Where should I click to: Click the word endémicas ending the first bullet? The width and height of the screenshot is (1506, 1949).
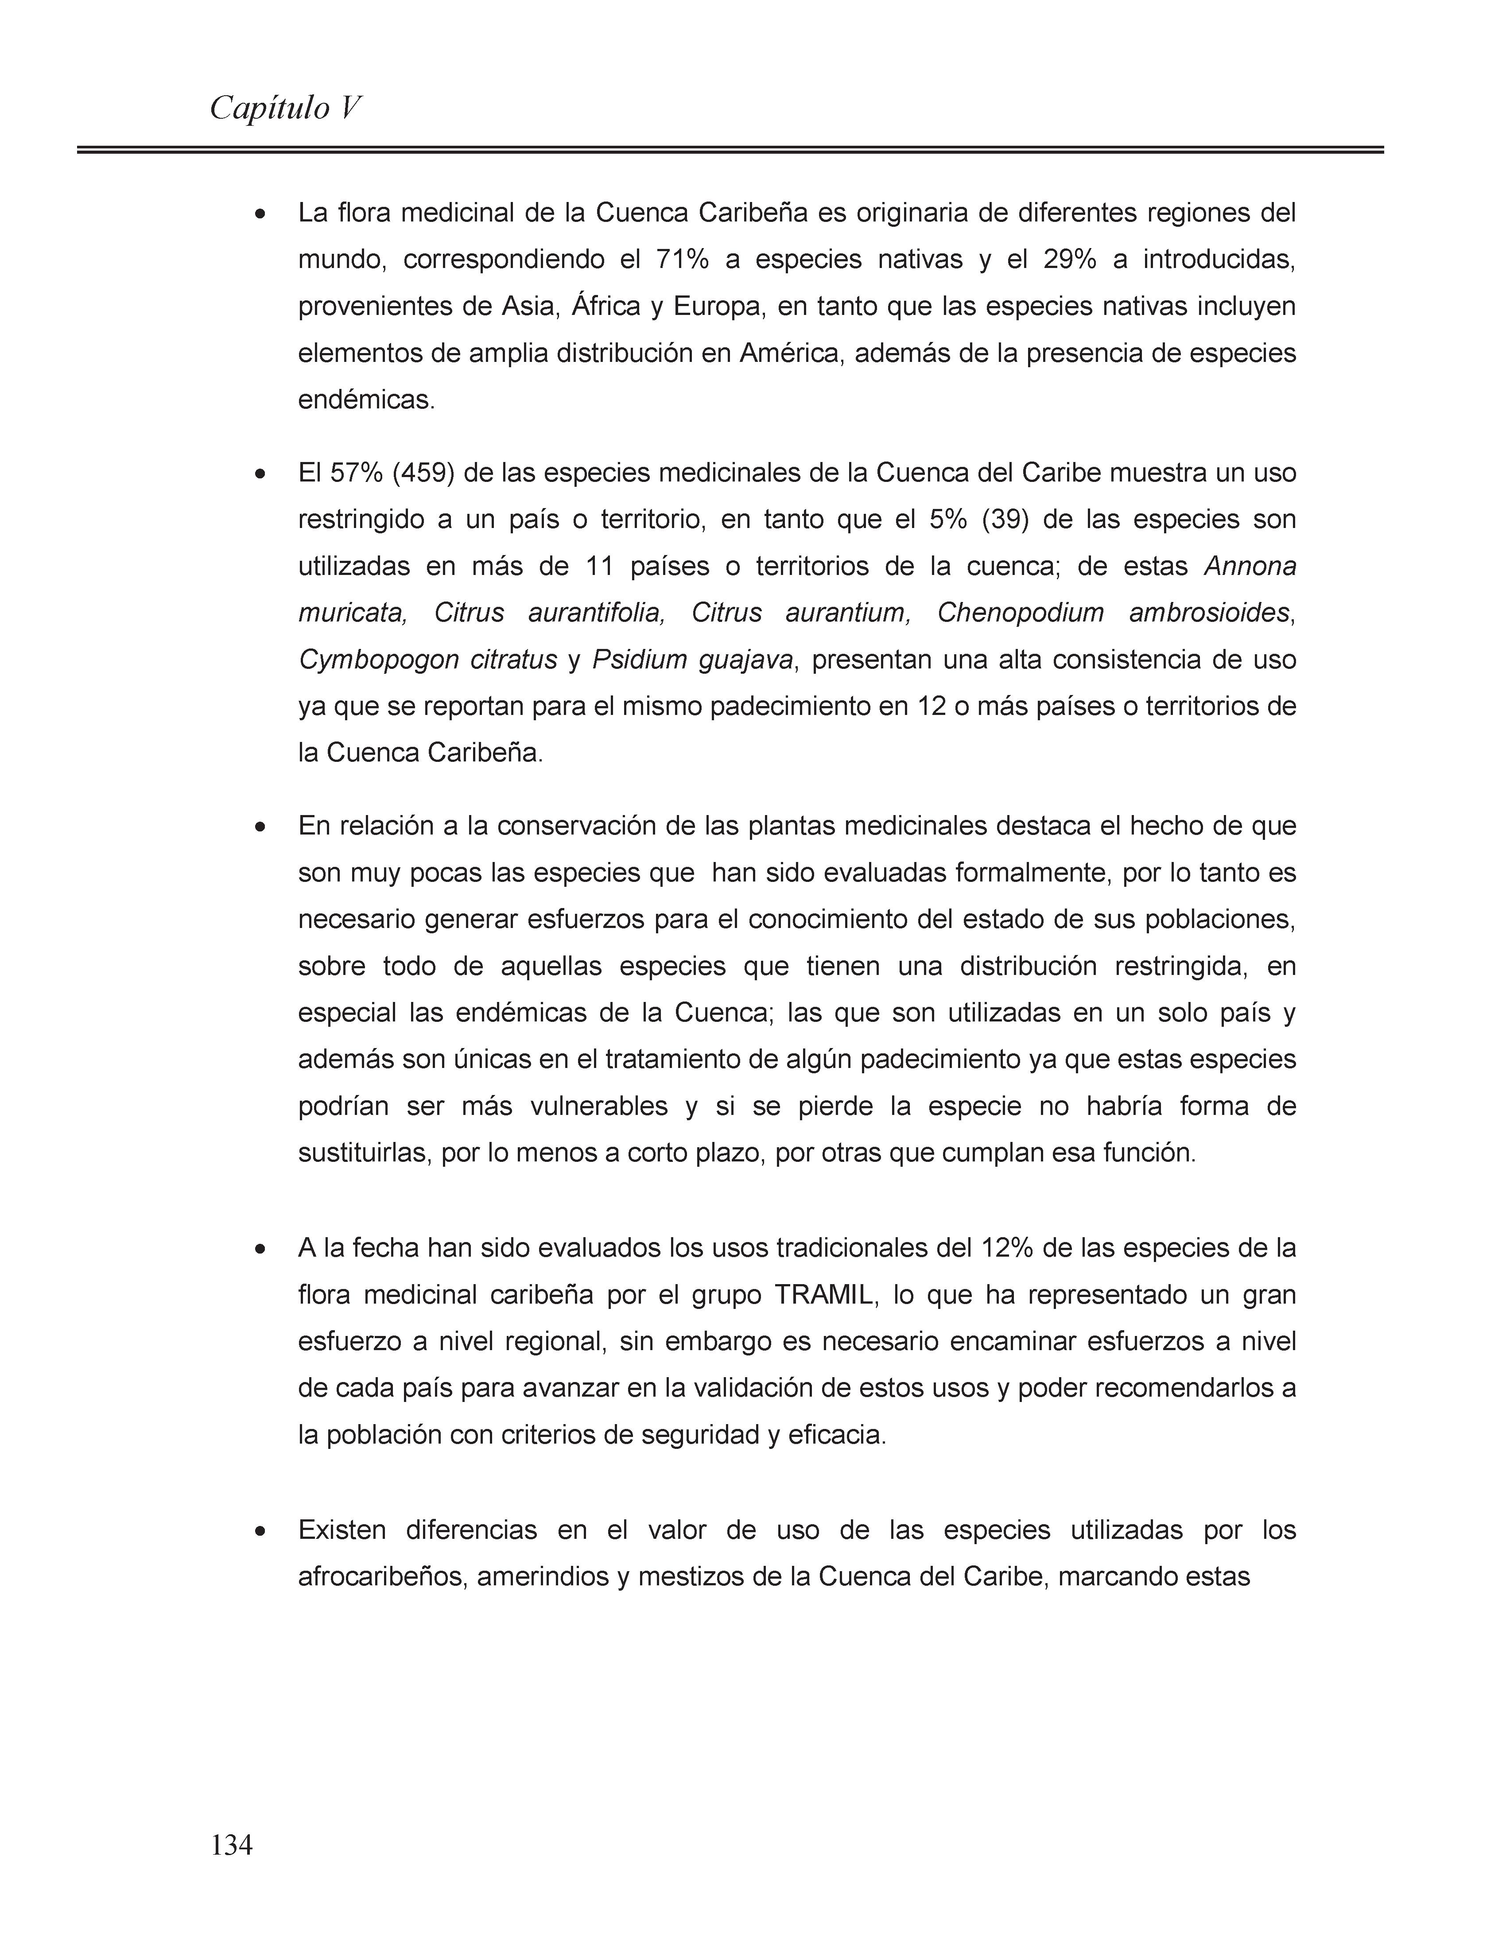(366, 400)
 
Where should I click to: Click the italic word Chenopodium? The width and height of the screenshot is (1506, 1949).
(1021, 613)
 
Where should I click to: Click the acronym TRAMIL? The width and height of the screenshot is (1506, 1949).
(827, 1295)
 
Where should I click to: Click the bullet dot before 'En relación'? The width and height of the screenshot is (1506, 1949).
(260, 827)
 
